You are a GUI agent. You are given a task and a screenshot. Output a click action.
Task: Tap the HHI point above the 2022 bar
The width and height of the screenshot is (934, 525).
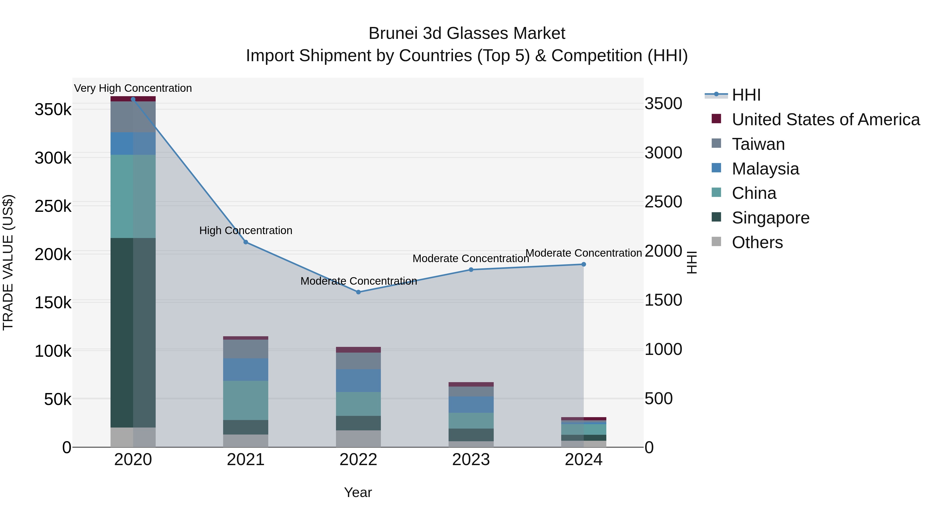(x=358, y=292)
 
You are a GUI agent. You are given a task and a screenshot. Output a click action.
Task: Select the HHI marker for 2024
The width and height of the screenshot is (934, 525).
(x=584, y=264)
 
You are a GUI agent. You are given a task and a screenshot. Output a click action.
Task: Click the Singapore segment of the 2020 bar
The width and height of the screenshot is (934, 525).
(x=133, y=333)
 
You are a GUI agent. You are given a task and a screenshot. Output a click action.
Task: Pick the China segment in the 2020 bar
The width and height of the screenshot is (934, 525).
(x=133, y=196)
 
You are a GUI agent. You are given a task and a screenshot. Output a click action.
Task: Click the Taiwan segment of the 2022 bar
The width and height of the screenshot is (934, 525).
(x=358, y=361)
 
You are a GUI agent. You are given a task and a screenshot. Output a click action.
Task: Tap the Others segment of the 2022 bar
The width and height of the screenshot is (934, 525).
(x=358, y=439)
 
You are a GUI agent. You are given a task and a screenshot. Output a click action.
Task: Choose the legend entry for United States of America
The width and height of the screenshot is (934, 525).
(x=826, y=120)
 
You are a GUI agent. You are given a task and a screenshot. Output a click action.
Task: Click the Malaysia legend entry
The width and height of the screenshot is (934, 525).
(x=765, y=169)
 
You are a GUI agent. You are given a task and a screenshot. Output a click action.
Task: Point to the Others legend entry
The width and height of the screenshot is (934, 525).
(x=757, y=242)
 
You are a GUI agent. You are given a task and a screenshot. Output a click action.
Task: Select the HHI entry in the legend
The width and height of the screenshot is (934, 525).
(x=746, y=95)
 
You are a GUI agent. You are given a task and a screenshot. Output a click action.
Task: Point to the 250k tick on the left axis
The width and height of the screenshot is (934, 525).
(x=53, y=207)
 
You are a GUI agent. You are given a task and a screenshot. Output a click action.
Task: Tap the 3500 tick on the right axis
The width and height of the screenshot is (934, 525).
(x=663, y=104)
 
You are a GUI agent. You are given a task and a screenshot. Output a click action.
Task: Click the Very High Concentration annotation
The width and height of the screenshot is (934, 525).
(x=133, y=88)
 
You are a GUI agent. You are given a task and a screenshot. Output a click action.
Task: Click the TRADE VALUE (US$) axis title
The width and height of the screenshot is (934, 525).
(x=8, y=262)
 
